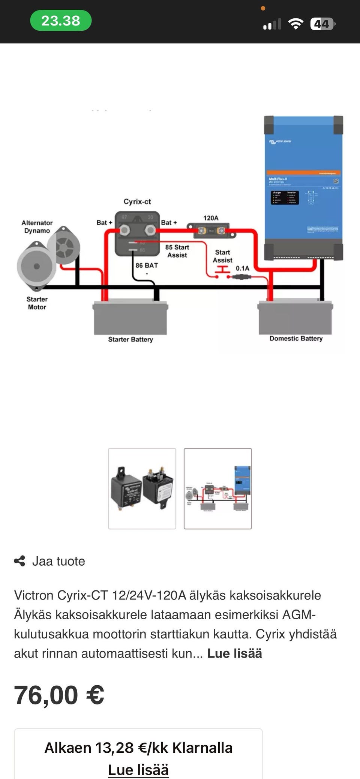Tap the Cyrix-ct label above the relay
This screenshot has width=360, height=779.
coord(137,202)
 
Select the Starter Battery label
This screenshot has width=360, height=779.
coord(130,339)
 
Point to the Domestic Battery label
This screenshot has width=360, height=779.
coord(296,339)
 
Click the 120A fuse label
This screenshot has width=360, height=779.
coord(211,218)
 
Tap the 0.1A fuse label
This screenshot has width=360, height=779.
coord(242,268)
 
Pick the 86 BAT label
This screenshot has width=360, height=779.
coord(147,266)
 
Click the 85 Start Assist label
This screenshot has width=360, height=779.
coord(177,251)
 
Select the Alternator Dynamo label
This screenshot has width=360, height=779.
coord(37,227)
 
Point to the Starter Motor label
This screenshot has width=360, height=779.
coord(37,303)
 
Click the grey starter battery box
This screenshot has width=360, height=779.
coord(130,318)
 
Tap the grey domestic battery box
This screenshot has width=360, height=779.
coord(295,318)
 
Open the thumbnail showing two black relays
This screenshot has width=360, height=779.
coord(142,488)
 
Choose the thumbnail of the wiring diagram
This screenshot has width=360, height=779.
coord(217,488)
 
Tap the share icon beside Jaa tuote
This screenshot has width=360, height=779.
coord(19,561)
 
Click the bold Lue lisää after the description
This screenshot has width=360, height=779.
coord(234,653)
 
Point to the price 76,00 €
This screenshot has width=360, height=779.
coord(59,695)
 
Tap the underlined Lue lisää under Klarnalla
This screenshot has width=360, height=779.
coord(138,770)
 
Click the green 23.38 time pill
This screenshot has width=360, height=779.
coord(61,21)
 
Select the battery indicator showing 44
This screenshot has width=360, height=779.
coord(322,24)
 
